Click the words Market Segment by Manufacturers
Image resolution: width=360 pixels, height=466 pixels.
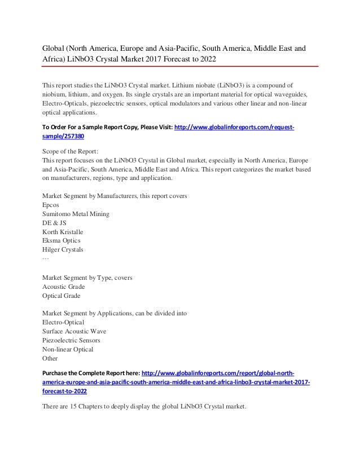pos(87,196)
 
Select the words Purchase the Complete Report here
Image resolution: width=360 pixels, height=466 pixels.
pos(91,373)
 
